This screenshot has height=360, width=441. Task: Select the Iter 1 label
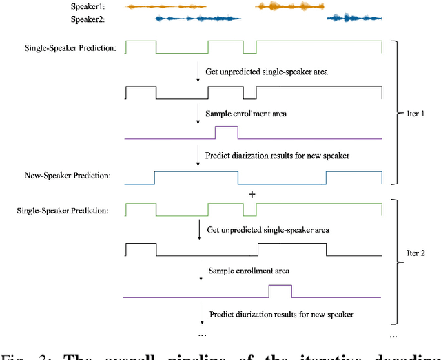(x=411, y=113)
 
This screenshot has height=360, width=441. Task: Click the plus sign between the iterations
(x=252, y=195)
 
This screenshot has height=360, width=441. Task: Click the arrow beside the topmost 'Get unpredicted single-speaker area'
(x=198, y=72)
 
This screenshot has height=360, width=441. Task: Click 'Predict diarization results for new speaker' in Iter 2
(x=281, y=314)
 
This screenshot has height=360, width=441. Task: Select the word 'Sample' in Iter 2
(x=222, y=272)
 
